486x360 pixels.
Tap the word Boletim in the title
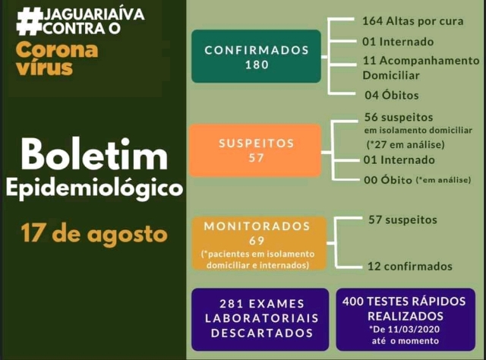pyautogui.click(x=93, y=155)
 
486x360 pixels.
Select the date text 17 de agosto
pyautogui.click(x=94, y=232)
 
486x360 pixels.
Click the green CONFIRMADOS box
pyautogui.click(x=256, y=56)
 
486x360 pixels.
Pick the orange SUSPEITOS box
pyautogui.click(x=256, y=150)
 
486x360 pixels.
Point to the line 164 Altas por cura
pyautogui.click(x=412, y=21)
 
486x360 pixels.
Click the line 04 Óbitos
pyautogui.click(x=390, y=95)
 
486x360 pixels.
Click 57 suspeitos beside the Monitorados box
pyautogui.click(x=402, y=219)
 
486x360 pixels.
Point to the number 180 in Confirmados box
pyautogui.click(x=257, y=65)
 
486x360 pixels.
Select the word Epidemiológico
pyautogui.click(x=94, y=188)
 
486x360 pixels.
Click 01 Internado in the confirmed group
pyautogui.click(x=398, y=41)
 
